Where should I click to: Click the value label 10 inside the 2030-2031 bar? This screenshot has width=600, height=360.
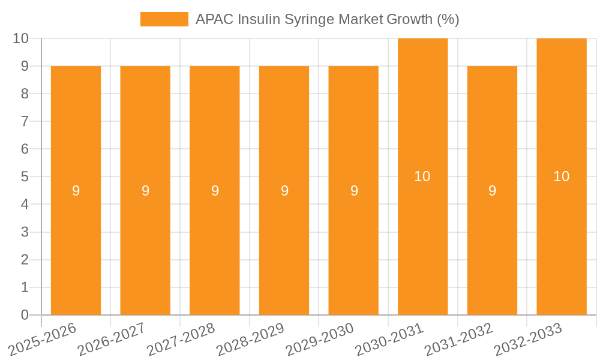(422, 176)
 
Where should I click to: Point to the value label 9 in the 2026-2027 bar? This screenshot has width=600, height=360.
(145, 191)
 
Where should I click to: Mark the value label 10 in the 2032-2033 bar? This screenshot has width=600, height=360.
(562, 176)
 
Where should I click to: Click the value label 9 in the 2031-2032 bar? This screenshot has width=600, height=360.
(492, 191)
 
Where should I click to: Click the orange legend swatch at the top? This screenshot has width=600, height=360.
(164, 19)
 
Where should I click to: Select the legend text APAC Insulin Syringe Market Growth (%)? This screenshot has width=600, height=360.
(327, 19)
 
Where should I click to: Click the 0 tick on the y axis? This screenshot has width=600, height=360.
(25, 315)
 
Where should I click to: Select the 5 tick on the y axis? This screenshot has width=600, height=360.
(25, 177)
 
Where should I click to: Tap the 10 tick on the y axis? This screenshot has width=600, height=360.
(21, 38)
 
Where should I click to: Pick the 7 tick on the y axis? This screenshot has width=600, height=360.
(25, 121)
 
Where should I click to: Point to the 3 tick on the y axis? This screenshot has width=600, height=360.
(25, 232)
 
